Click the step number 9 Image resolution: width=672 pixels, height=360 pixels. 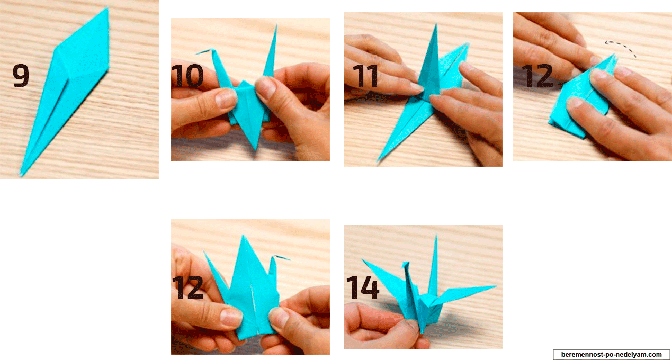(21, 76)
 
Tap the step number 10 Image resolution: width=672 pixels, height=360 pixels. (187, 76)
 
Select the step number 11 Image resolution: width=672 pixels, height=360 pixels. (366, 76)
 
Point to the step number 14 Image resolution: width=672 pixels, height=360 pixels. (363, 287)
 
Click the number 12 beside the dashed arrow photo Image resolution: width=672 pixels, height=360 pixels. (537, 76)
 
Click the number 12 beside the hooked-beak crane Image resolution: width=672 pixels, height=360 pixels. (188, 287)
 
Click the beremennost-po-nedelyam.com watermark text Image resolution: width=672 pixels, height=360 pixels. (612, 355)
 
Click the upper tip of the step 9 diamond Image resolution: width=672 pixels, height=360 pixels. (107, 8)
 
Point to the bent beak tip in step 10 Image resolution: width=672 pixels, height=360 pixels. (197, 53)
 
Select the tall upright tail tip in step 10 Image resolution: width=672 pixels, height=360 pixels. (276, 26)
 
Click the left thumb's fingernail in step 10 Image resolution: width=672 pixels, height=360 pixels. (226, 98)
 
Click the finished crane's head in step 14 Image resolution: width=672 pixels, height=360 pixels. (406, 265)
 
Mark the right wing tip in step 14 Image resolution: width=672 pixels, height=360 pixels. (495, 286)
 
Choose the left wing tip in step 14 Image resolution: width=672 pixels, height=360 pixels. (363, 260)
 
